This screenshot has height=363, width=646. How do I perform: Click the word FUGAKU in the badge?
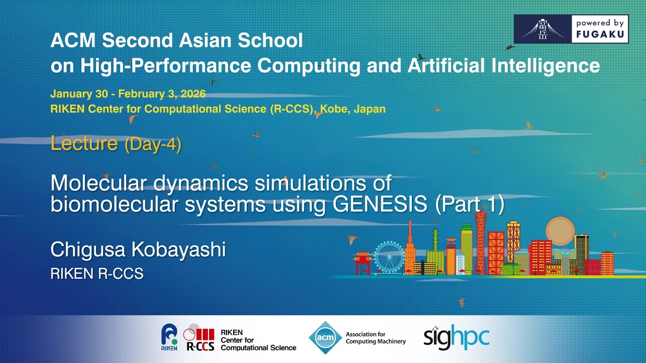[x=600, y=34]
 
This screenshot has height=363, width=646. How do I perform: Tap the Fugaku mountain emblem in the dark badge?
[x=543, y=29]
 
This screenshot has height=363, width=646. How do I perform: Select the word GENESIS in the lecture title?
[x=380, y=204]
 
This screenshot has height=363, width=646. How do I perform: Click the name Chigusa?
[x=88, y=250]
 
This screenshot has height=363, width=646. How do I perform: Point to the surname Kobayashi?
[x=179, y=249]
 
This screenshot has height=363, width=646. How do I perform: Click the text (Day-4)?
[x=153, y=144]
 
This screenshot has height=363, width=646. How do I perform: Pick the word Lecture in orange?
[x=84, y=143]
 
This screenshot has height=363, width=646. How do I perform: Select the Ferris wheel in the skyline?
[x=389, y=257]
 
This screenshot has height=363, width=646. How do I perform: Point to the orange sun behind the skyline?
[x=560, y=231]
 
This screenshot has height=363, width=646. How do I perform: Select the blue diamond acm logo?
[x=326, y=338]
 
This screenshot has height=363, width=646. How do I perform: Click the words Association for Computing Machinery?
[x=375, y=338]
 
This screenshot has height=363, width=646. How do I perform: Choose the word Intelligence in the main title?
[x=546, y=66]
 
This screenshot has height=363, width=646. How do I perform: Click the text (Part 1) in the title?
[x=469, y=205]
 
